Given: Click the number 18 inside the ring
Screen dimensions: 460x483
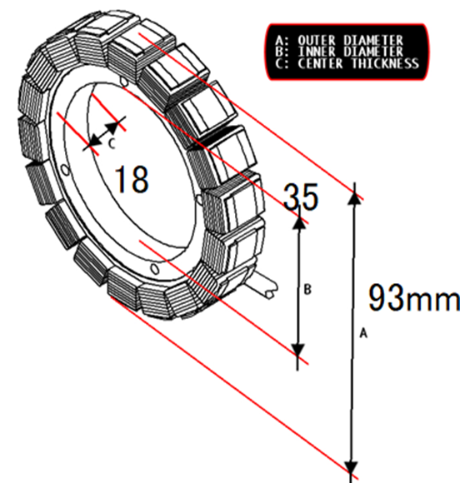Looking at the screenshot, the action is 132,180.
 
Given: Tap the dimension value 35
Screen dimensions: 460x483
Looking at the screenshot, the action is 301,197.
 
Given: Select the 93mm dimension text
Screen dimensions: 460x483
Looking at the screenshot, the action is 414,298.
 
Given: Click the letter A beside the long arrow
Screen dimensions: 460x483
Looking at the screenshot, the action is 364,333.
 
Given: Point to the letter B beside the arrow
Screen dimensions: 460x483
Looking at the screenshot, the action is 307,290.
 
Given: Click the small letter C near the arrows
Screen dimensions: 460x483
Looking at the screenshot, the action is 112,143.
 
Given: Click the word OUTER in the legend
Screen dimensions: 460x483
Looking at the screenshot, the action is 317,41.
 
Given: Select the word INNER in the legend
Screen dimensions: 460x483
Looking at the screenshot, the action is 317,52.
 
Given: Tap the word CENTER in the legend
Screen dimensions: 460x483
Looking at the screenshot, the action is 320,63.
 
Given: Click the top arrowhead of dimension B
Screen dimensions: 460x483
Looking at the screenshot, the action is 299,222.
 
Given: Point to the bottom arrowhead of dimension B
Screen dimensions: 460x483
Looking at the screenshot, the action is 297,351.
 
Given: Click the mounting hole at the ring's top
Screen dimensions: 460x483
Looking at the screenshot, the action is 124,82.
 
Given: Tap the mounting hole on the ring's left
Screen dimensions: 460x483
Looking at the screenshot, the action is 65,170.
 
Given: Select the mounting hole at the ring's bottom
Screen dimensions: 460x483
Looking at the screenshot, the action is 155,269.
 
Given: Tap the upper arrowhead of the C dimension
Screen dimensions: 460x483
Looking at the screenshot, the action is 112,127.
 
